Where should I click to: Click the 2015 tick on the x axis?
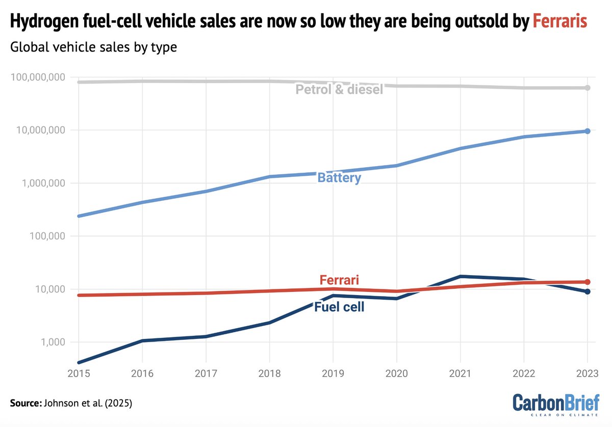click(78, 373)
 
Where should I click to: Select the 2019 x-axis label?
click(333, 373)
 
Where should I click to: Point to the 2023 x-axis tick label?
click(587, 373)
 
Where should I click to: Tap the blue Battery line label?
click(339, 178)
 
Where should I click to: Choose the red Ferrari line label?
click(339, 280)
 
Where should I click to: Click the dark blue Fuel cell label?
click(339, 307)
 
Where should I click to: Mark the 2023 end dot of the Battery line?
click(588, 131)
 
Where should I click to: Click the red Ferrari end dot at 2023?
click(588, 282)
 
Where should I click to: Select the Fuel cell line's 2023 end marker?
click(588, 291)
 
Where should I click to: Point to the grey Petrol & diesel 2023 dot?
click(588, 88)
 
